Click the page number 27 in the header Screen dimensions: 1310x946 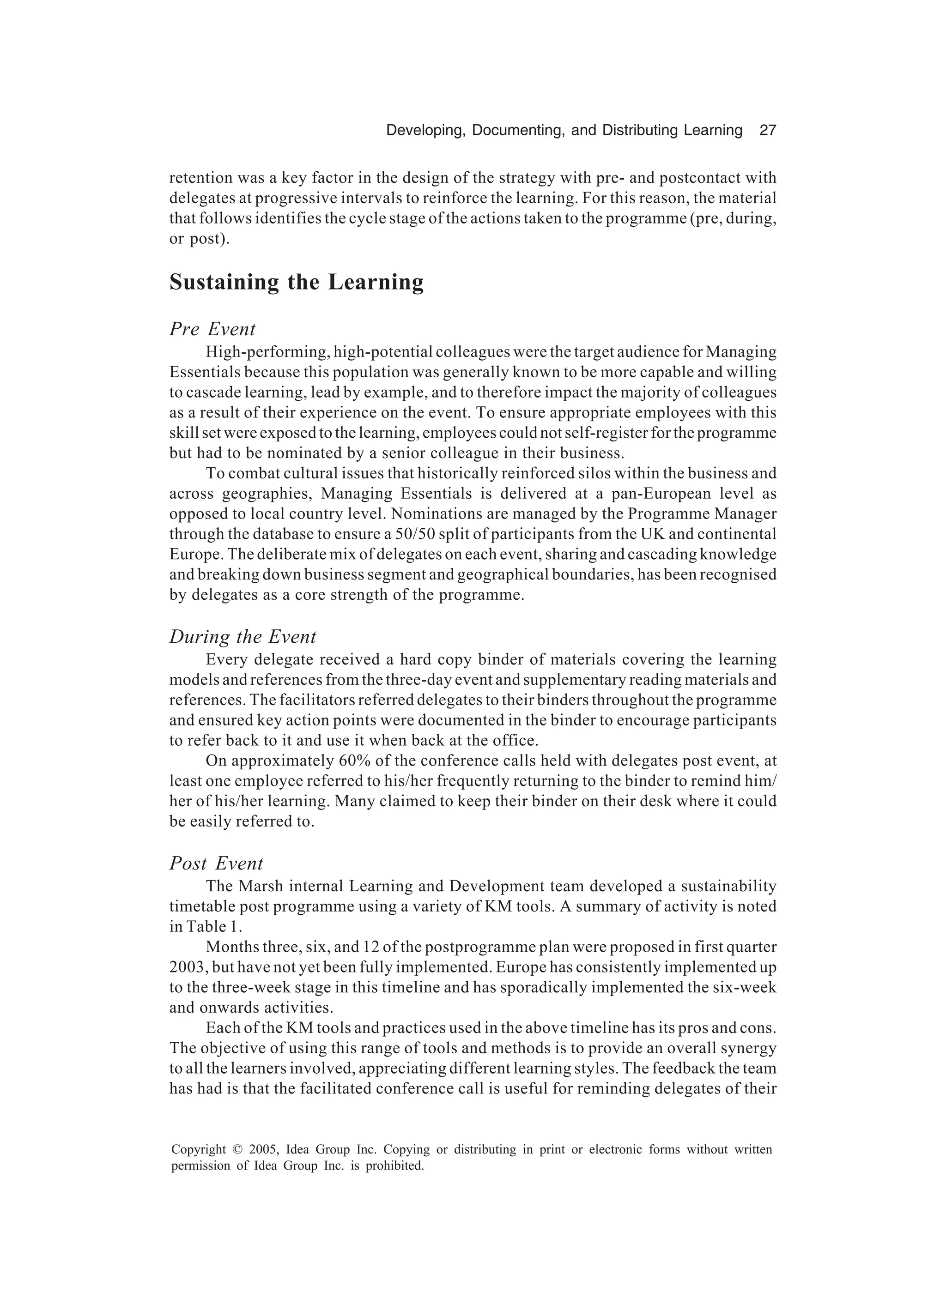(x=767, y=131)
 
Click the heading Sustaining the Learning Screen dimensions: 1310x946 (x=296, y=283)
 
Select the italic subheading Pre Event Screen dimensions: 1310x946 (x=212, y=329)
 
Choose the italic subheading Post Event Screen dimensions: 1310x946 (x=216, y=863)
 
